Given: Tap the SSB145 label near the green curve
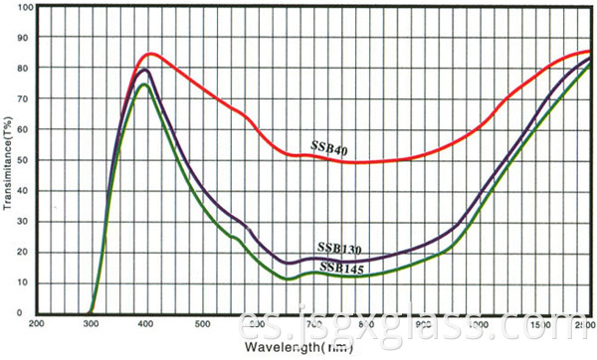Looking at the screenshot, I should point(338,267).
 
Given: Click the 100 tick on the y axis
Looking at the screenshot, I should point(24,7).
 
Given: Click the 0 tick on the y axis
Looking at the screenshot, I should point(29,313).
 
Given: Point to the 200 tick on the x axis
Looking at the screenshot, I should point(37,324).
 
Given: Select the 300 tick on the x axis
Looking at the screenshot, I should point(92,324).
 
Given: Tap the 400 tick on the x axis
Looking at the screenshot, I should point(147,324).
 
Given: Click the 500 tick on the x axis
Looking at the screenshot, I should point(202,324).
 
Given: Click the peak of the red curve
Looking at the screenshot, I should point(151,53).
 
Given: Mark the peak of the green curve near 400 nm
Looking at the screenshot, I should point(144,85).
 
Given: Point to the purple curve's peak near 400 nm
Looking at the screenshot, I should point(145,70).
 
